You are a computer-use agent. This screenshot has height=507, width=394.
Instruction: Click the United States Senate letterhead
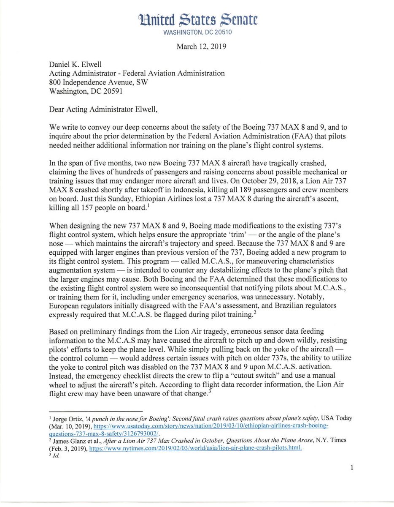tap(197, 20)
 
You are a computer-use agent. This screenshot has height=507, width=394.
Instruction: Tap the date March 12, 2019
tap(201, 46)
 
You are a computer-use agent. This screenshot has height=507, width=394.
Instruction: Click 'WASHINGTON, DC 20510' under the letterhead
tap(197, 32)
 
